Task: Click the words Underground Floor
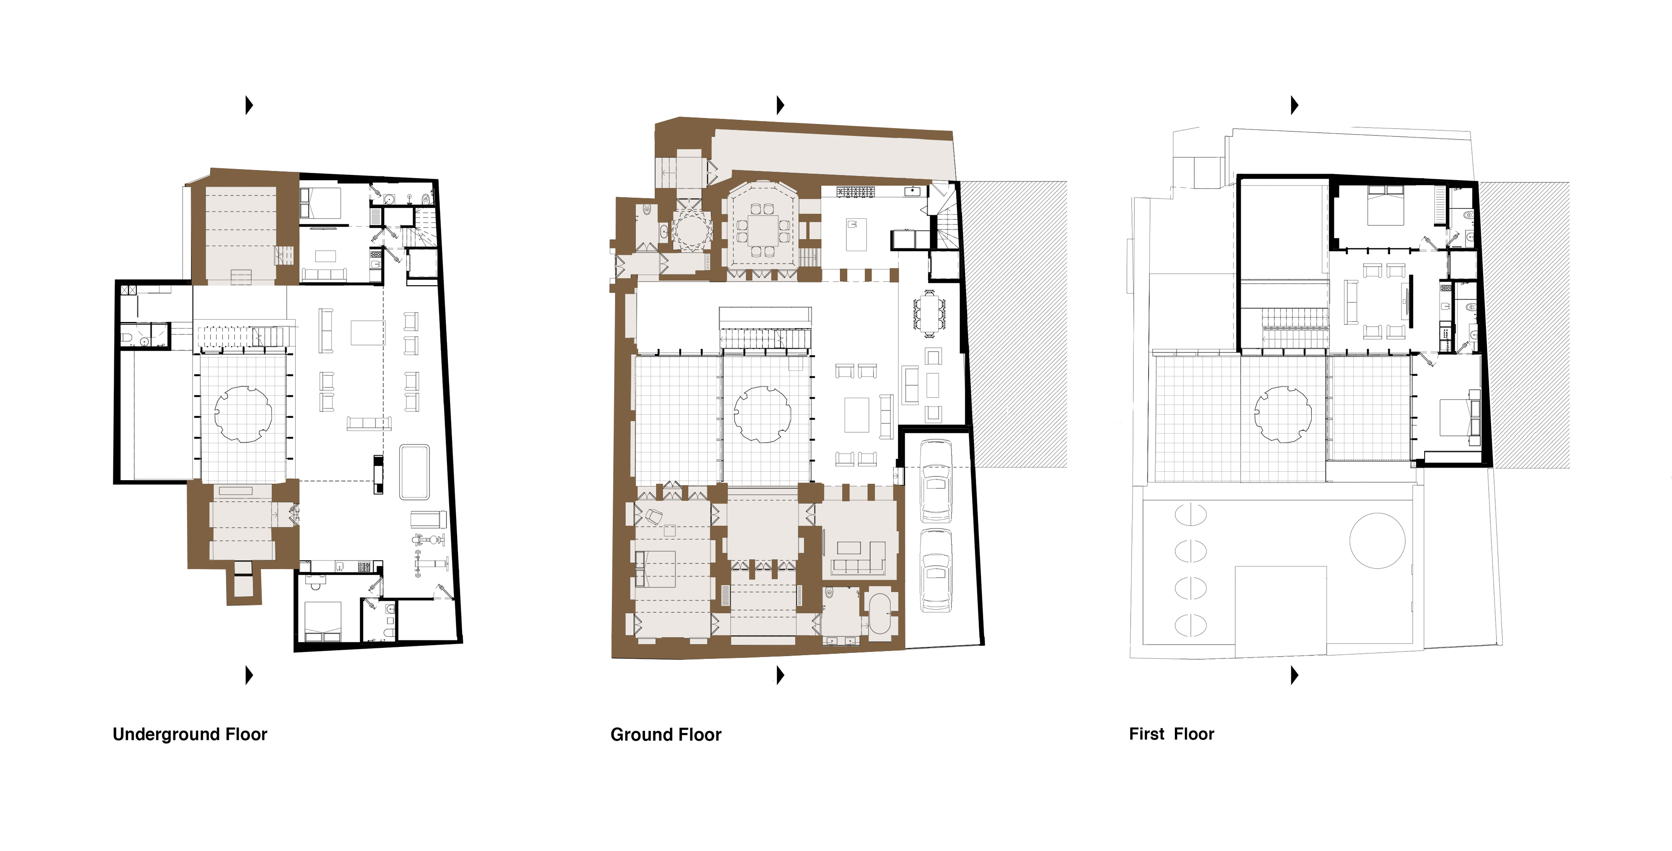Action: click(x=189, y=734)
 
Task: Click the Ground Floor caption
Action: click(x=665, y=735)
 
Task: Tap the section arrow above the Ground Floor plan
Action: click(x=780, y=105)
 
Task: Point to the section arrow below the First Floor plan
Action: click(x=1294, y=675)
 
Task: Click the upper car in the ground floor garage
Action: click(x=935, y=481)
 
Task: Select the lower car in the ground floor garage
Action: click(x=935, y=570)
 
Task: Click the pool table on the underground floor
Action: click(x=414, y=471)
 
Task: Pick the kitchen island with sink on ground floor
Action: click(x=856, y=235)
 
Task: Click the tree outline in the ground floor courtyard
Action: click(x=762, y=414)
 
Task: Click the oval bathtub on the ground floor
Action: click(x=880, y=613)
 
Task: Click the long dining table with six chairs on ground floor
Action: click(x=929, y=313)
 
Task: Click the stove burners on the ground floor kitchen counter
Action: click(x=856, y=192)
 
